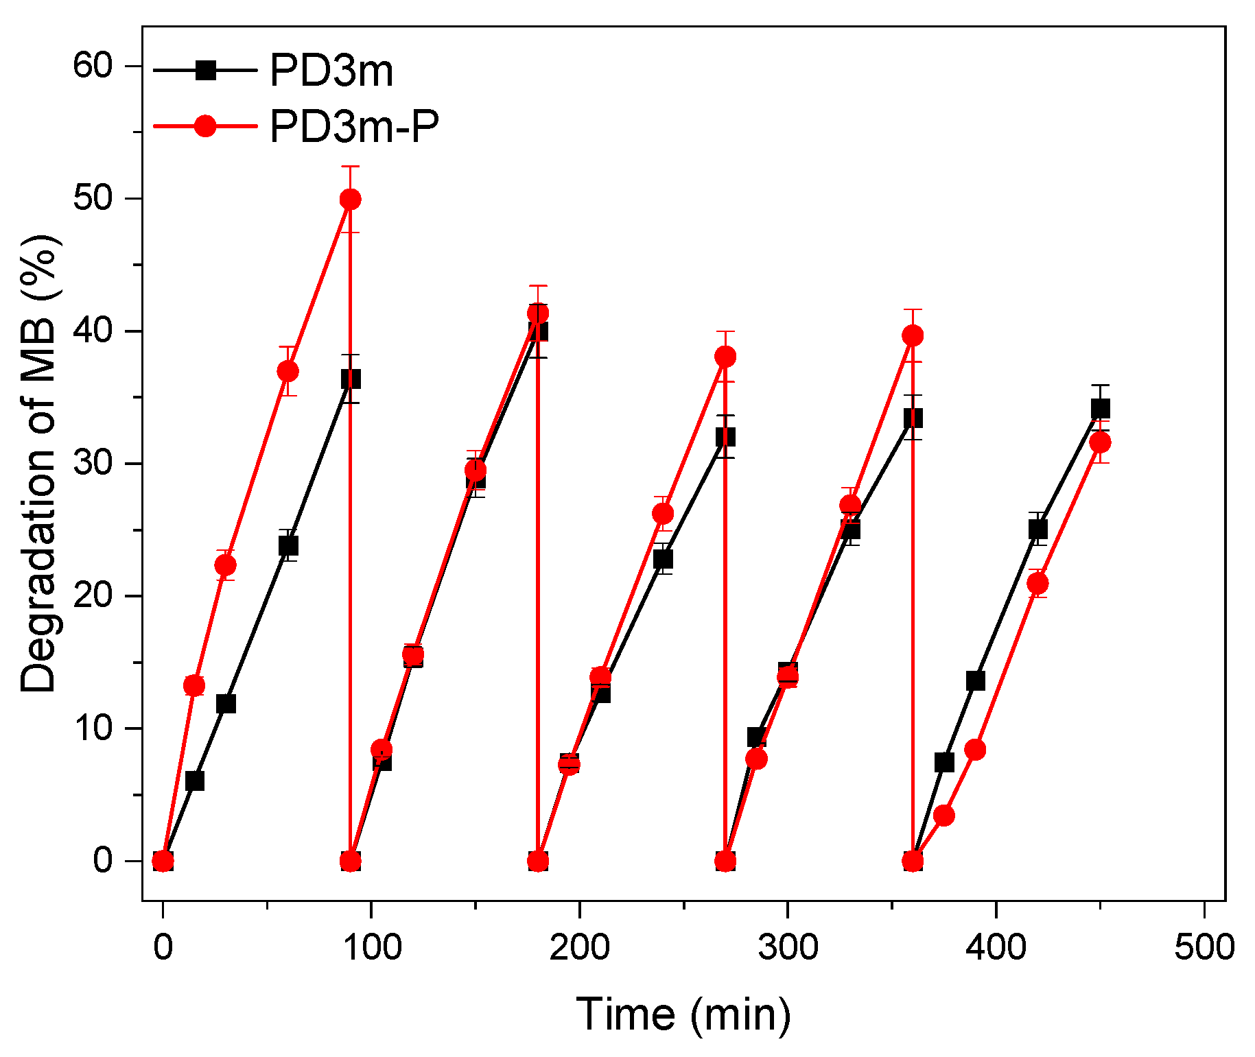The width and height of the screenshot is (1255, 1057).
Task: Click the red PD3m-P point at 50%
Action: [350, 200]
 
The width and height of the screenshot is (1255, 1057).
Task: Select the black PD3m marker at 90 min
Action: [350, 379]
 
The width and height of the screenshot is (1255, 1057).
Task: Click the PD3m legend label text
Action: [331, 71]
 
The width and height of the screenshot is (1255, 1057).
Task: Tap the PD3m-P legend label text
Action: [353, 126]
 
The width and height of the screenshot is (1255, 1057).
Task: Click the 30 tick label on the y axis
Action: [93, 464]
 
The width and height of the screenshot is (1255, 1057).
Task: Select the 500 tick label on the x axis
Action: [1204, 947]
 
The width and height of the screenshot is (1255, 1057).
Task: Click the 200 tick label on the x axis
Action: [579, 947]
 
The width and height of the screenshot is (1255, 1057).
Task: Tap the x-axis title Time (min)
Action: [683, 1014]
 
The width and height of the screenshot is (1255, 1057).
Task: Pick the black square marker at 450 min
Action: [1100, 409]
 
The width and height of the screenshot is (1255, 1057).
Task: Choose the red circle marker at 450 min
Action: [1100, 442]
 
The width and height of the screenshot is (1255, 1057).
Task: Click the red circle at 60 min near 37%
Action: [288, 371]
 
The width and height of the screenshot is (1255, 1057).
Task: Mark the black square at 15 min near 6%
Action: [194, 781]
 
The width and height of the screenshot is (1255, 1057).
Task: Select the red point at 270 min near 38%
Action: [725, 356]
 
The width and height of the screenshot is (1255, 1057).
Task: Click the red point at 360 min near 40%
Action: [913, 335]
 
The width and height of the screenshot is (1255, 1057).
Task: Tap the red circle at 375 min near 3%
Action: [944, 816]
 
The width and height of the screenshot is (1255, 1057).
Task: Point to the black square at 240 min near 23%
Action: [663, 559]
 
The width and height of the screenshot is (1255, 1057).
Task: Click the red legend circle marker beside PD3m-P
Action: [205, 126]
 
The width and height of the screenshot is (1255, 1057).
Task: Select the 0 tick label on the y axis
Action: [103, 860]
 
